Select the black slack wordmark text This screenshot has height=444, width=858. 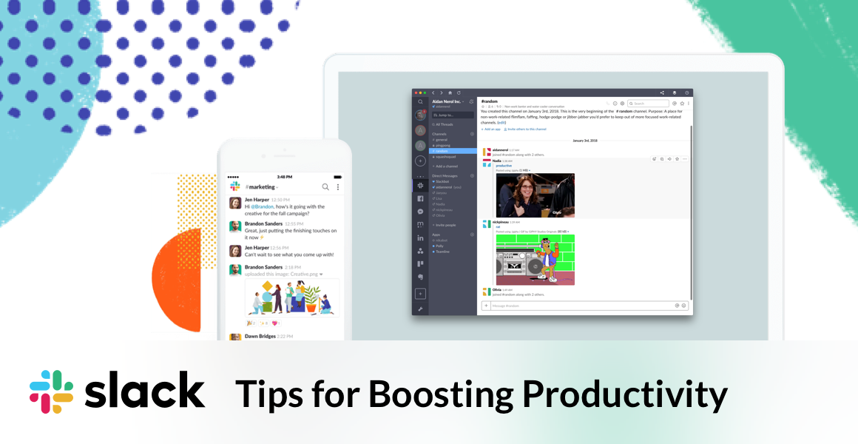point(144,390)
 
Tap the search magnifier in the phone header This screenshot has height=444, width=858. point(325,187)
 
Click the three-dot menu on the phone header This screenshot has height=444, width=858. point(338,187)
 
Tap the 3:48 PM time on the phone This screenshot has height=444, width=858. point(285,177)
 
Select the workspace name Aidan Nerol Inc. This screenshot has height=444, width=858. point(446,101)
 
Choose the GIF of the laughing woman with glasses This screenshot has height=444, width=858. point(535,195)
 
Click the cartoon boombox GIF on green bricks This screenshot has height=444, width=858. point(535,260)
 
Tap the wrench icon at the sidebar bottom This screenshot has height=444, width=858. point(420,309)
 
